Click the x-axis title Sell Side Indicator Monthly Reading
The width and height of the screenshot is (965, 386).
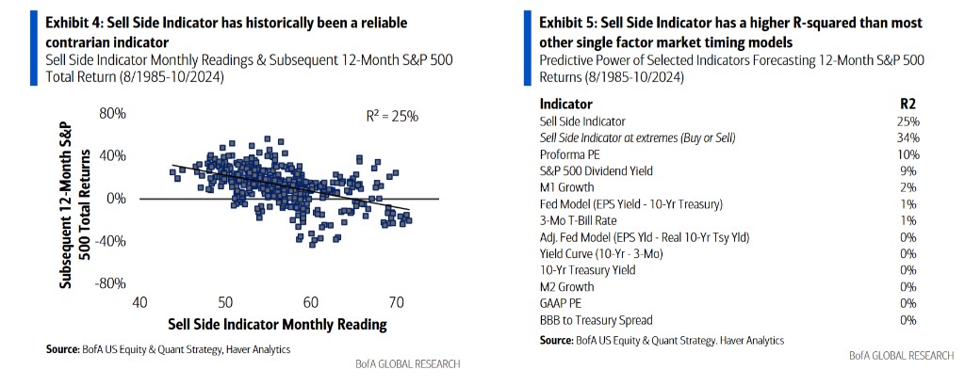tap(277, 325)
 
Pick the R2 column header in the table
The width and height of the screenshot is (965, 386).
tap(908, 104)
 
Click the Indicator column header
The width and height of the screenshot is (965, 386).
tap(566, 104)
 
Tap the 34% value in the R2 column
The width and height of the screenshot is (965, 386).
tap(908, 137)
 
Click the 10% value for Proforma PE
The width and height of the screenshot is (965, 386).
tap(908, 153)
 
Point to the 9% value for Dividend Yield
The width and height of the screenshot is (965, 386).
tap(910, 170)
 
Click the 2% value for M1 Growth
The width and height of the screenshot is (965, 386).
tap(910, 187)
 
